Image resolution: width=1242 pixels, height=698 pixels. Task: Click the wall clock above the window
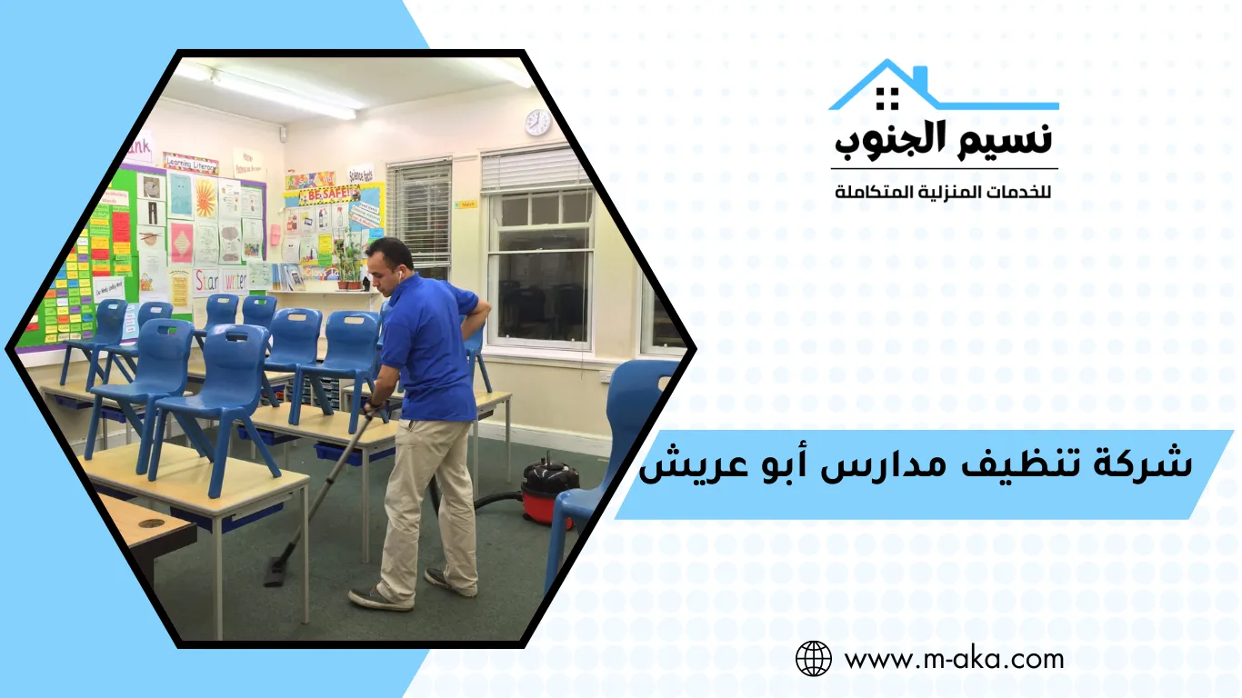click(x=538, y=122)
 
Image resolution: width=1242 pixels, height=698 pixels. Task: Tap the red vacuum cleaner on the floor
click(x=549, y=492)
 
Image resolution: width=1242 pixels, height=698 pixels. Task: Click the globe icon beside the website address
click(x=814, y=658)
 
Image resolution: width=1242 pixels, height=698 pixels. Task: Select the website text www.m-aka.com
click(x=954, y=658)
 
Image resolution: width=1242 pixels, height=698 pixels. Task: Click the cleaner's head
click(x=389, y=264)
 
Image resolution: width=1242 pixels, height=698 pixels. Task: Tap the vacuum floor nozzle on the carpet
click(x=275, y=573)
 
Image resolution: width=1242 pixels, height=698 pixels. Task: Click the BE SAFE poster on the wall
click(x=328, y=195)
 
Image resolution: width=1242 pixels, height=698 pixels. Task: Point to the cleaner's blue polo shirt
click(x=427, y=345)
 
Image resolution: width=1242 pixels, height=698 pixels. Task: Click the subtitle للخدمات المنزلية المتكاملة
click(x=943, y=193)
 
